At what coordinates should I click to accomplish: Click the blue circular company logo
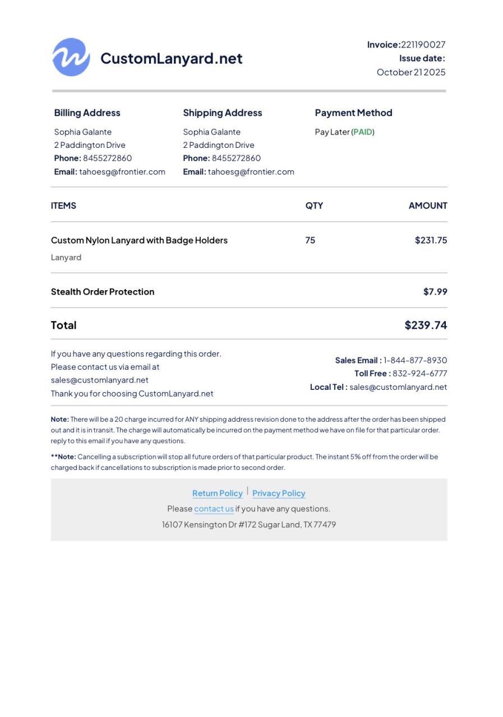(71, 57)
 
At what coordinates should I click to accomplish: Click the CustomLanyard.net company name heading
(171, 58)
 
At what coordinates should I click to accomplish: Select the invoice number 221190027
(423, 45)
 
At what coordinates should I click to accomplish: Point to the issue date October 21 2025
(411, 72)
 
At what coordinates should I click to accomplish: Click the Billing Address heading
(87, 113)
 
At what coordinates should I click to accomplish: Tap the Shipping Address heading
(222, 113)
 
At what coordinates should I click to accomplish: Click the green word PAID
(363, 132)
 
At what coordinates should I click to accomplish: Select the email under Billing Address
(122, 172)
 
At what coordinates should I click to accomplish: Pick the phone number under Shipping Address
(236, 159)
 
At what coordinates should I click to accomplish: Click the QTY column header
(314, 206)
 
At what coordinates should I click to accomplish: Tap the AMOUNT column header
(428, 206)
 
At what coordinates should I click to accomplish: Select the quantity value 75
(310, 240)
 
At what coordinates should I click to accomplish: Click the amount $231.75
(431, 240)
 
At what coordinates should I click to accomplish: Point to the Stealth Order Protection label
(103, 292)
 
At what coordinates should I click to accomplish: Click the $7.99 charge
(435, 292)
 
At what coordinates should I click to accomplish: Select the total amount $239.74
(426, 325)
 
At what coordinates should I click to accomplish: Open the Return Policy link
(218, 493)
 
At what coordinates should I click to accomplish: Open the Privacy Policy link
(279, 493)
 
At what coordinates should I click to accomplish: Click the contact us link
(214, 509)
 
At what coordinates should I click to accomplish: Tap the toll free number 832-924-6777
(419, 374)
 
